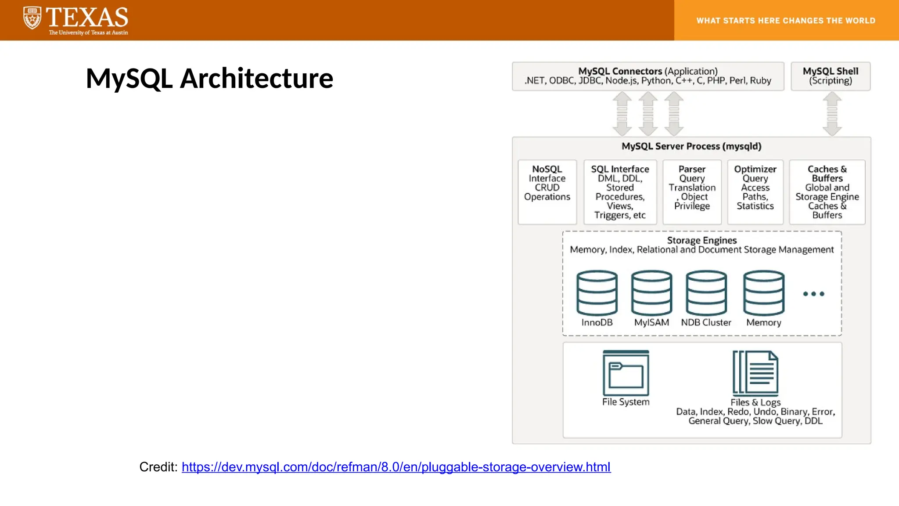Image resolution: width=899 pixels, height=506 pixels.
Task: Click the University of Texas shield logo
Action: click(32, 18)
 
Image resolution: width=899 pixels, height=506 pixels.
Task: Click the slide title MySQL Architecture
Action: click(209, 79)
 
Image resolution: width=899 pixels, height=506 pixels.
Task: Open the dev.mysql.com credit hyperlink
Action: click(396, 467)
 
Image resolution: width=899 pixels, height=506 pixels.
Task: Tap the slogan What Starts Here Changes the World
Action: click(786, 21)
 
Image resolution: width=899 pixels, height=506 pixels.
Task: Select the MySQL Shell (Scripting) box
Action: click(831, 76)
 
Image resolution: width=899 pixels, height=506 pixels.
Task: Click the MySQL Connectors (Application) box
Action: click(648, 76)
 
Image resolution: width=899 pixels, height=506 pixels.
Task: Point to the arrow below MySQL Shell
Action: click(832, 114)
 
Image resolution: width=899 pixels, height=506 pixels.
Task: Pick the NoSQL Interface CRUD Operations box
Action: click(547, 192)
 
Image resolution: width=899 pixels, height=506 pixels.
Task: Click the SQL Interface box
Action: click(620, 192)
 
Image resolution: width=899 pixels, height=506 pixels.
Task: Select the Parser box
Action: click(692, 192)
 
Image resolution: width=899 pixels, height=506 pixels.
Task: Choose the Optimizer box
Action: click(755, 192)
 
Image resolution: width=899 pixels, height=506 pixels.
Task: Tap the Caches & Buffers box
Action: click(827, 192)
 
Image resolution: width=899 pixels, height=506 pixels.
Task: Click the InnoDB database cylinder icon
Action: click(597, 293)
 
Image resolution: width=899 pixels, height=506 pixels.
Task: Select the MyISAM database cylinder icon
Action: click(651, 293)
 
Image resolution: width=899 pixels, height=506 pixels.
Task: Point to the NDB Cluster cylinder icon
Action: click(706, 293)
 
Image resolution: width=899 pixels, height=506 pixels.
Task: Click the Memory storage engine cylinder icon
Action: click(764, 293)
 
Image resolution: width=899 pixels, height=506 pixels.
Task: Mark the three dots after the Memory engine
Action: click(813, 294)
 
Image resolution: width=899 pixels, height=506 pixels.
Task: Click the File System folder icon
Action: click(626, 373)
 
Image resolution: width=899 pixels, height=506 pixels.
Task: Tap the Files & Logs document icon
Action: click(755, 373)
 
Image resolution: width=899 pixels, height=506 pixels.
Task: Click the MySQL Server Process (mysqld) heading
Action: click(691, 146)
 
